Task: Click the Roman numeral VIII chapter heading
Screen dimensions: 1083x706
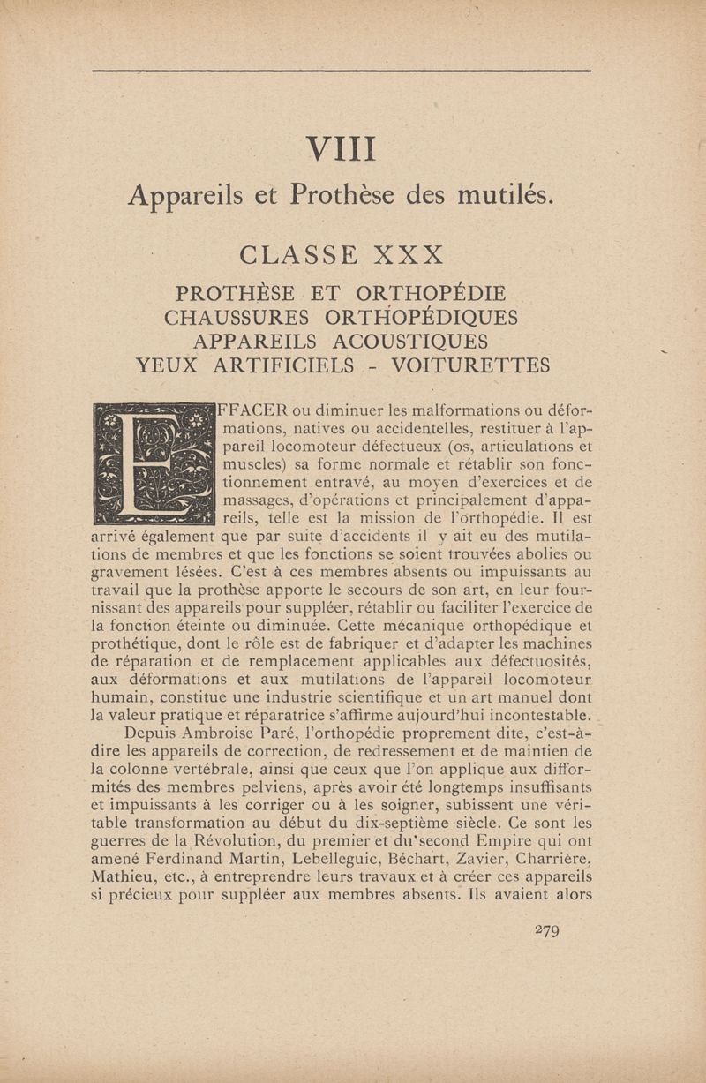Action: point(341,148)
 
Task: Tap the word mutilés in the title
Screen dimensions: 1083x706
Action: point(506,193)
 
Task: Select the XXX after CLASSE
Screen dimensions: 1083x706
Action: point(408,255)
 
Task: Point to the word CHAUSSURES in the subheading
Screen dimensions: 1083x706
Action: point(237,316)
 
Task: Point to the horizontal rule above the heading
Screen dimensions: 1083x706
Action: point(341,71)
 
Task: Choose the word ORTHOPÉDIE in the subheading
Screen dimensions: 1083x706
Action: point(430,292)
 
